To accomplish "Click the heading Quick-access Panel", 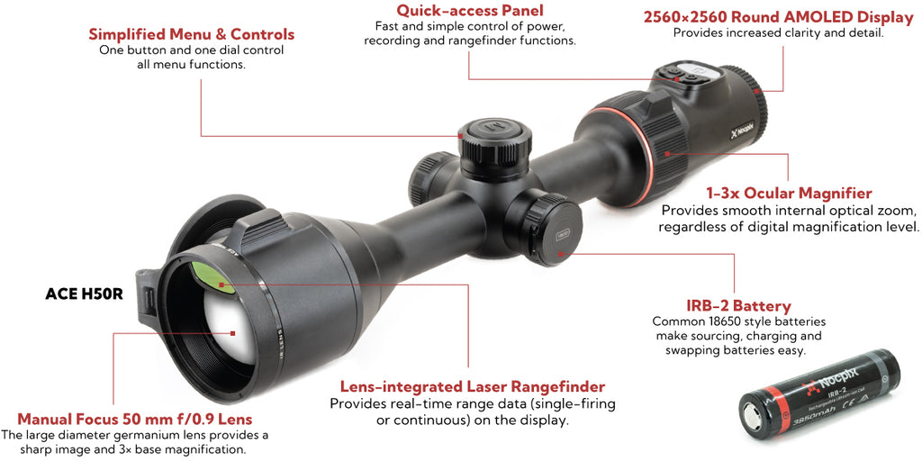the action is (x=469, y=11).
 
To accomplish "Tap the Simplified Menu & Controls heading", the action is (x=192, y=34).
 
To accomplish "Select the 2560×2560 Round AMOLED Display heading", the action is (x=779, y=18).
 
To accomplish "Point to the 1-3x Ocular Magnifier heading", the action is (x=789, y=194).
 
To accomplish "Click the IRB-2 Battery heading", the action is (x=738, y=306).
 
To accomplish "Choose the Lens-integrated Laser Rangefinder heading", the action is (x=473, y=387).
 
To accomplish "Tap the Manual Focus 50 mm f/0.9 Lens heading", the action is (x=135, y=420).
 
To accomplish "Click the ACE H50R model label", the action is (x=84, y=294).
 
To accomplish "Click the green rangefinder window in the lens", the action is (x=212, y=277).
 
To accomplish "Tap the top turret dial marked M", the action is (x=495, y=140).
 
